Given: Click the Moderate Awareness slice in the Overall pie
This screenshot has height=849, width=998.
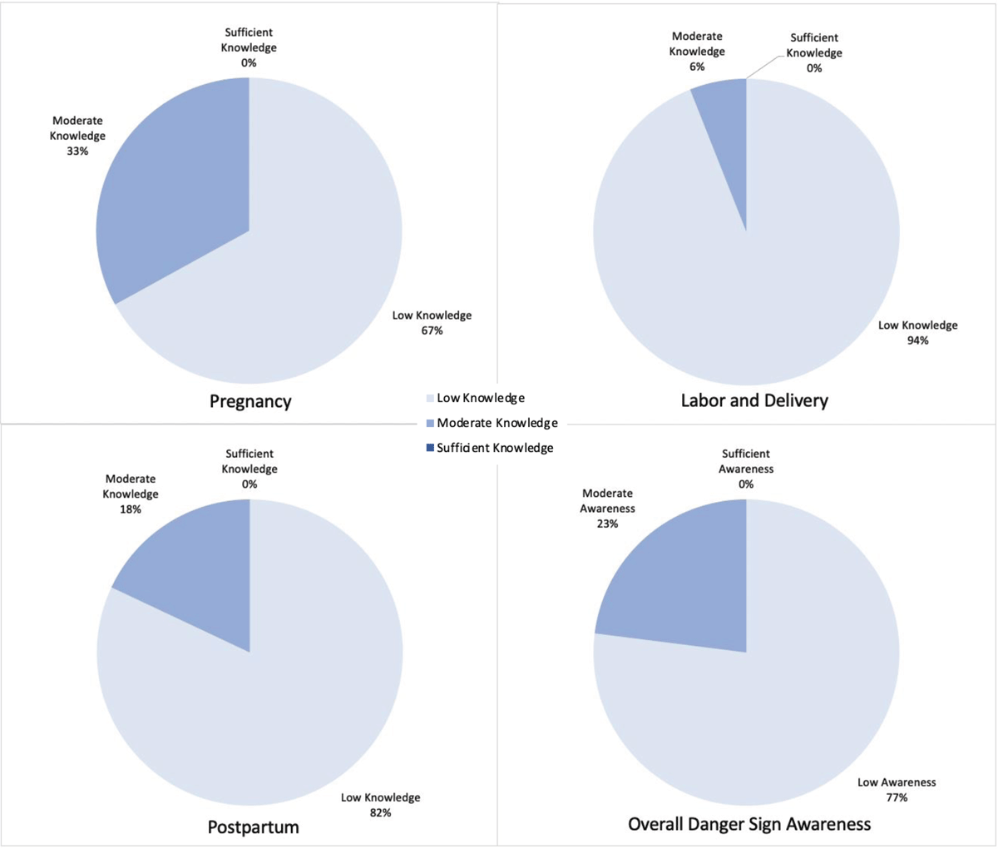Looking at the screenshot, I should pos(682,583).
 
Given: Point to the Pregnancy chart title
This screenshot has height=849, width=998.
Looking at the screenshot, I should pos(250,401).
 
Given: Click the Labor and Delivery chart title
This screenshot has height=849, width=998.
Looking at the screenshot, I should pos(754,400).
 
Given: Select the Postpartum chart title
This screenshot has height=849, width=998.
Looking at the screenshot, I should pos(253,827).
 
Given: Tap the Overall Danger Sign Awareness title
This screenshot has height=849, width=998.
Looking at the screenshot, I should pos(749,824).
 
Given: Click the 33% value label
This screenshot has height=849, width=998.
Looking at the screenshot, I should pos(77,151).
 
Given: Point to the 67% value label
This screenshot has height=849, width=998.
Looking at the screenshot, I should pos(432,330).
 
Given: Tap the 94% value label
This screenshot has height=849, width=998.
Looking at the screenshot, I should pos(918,340).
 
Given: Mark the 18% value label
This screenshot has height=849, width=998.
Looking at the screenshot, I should pos(131,509).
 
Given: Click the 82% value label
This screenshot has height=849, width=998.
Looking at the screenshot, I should pos(380,812).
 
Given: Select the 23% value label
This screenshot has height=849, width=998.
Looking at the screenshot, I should pos(607,524).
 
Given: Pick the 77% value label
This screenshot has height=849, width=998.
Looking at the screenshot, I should pos(897,797).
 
